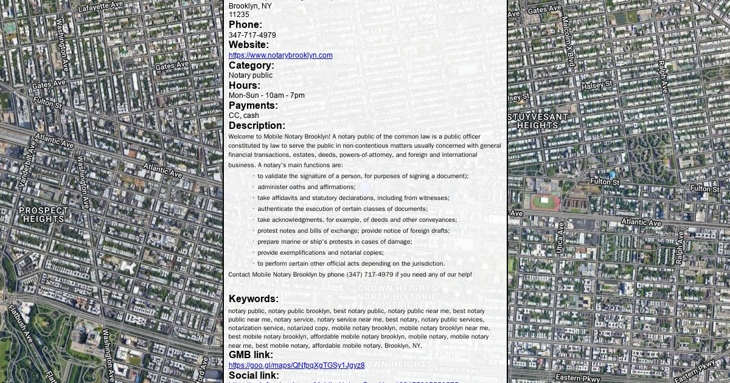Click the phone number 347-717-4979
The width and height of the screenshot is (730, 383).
[x=252, y=35]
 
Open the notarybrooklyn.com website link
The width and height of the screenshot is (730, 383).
[x=280, y=55]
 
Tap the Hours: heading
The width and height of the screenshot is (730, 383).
[x=245, y=85]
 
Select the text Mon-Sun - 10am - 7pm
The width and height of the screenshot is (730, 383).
[x=266, y=95]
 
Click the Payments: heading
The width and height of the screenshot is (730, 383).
[x=253, y=105]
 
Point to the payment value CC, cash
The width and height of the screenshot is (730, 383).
[x=243, y=116]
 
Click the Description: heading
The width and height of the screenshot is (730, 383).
[x=257, y=125]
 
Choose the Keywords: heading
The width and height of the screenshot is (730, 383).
[x=254, y=298]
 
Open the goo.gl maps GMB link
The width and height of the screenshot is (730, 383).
[x=296, y=365]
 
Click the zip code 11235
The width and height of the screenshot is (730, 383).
[x=238, y=15]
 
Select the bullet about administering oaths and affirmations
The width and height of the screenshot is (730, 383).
[x=306, y=187]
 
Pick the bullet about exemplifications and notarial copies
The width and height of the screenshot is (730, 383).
[x=320, y=253]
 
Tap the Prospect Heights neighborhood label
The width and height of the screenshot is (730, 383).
[x=43, y=215]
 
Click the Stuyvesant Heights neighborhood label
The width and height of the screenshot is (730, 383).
[x=537, y=121]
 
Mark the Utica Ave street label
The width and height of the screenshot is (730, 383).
[x=560, y=238]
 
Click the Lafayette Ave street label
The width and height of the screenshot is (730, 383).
[x=100, y=7]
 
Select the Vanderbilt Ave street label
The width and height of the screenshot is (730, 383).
[x=28, y=164]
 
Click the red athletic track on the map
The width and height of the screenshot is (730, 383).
[x=544, y=202]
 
